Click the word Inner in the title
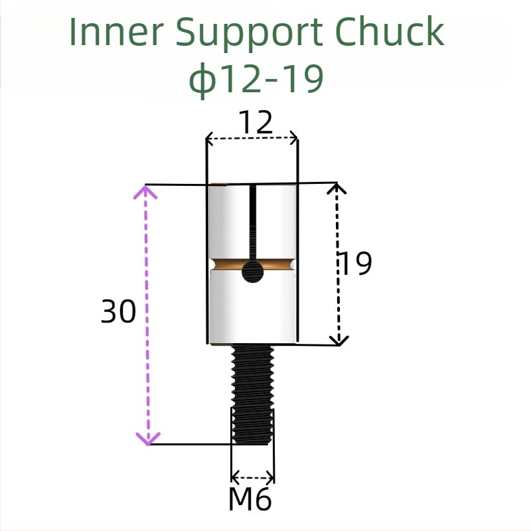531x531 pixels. (116, 31)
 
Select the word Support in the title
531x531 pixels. (249, 35)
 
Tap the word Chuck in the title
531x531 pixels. (390, 31)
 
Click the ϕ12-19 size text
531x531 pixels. (256, 79)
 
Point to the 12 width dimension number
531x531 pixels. (256, 123)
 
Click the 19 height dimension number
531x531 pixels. (355, 263)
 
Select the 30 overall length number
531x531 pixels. (118, 311)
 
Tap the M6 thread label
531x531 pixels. (250, 498)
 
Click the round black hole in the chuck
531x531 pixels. (253, 271)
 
